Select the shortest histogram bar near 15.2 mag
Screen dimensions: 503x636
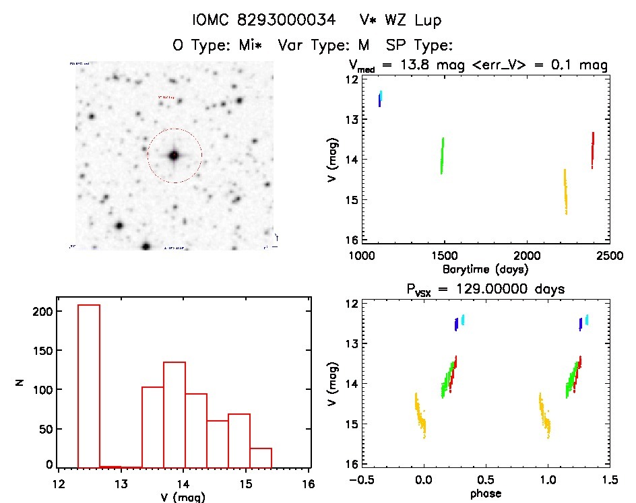261,457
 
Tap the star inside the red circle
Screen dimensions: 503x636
174,156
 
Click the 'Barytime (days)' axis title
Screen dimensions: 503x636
484,269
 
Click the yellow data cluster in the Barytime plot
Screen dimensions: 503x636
565,192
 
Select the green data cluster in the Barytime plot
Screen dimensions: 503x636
442,156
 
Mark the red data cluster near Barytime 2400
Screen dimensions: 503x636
592,149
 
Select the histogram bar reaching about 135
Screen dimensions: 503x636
174,414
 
